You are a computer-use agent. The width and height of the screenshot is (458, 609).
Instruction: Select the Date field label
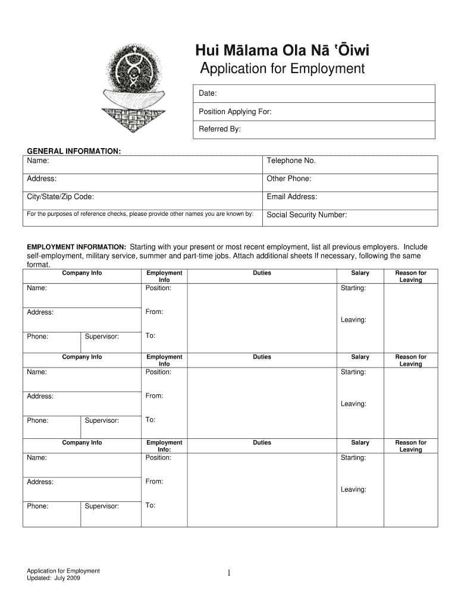coord(208,94)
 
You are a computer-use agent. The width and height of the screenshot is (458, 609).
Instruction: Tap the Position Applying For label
coord(235,112)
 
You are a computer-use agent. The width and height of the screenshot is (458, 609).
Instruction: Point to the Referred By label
coord(219,129)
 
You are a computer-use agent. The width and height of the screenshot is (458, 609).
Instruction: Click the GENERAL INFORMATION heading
coord(74,152)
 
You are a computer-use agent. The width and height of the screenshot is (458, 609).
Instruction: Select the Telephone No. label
coord(291,161)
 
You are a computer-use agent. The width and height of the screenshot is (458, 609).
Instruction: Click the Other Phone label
coord(289,178)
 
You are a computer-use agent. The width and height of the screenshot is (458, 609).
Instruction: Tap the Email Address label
coord(291,197)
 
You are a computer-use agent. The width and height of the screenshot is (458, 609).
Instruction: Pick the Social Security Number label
coord(306,215)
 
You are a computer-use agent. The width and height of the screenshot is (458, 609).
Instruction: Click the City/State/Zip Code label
coord(60,197)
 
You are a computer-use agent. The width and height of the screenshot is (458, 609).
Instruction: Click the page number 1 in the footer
coord(228,573)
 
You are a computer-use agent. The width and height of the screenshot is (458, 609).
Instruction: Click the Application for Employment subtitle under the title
coord(282,69)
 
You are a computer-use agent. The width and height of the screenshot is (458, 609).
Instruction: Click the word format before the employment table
coord(39,265)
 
